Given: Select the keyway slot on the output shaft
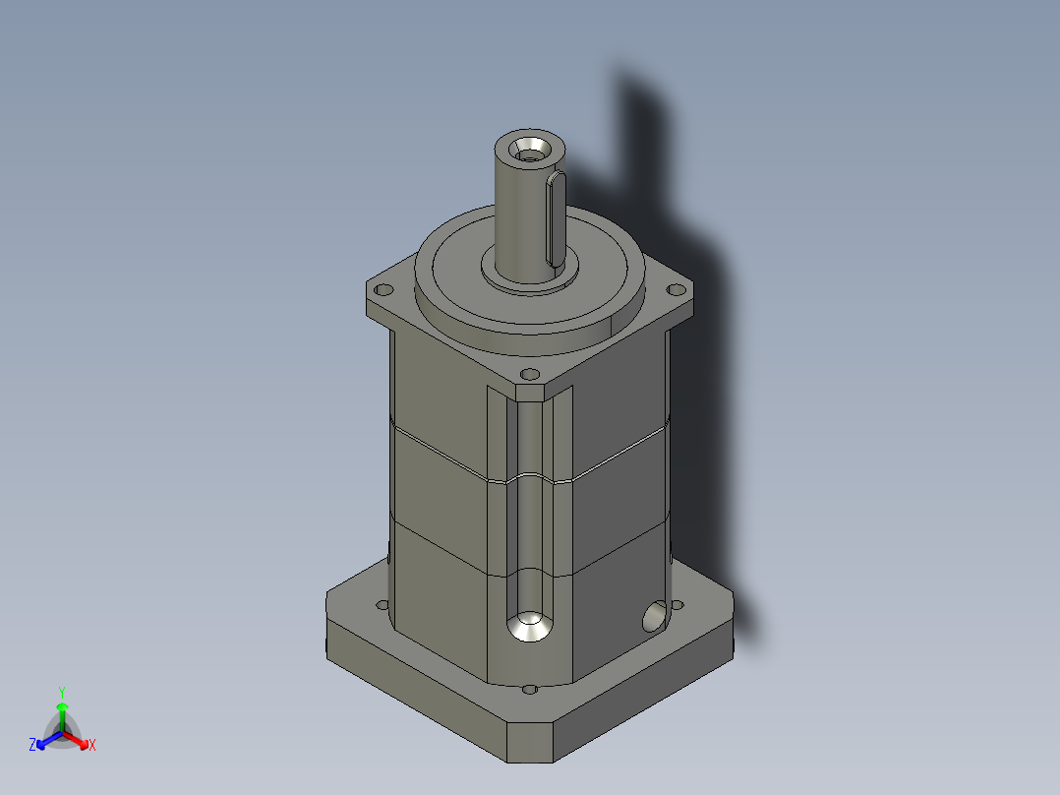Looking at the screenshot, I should [x=556, y=218].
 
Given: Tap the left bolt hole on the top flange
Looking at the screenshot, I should [x=383, y=290].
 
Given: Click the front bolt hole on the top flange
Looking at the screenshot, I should [x=529, y=374].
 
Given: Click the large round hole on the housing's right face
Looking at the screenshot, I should [x=652, y=617].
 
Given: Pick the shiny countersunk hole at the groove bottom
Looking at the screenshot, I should [x=529, y=627].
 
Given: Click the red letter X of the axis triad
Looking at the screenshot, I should [x=91, y=746].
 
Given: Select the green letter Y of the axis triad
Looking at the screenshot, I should [x=61, y=692].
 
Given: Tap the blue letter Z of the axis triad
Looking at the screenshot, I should [x=32, y=746].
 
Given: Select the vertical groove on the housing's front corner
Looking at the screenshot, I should [x=529, y=492].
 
